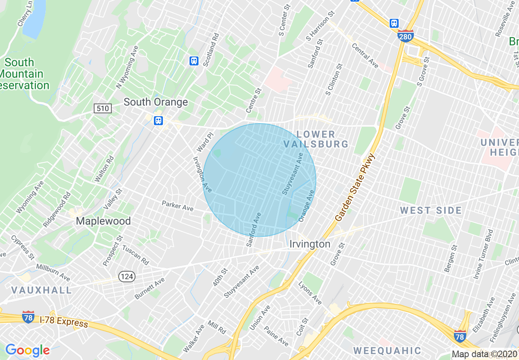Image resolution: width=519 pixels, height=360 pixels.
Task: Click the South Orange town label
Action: (156, 102)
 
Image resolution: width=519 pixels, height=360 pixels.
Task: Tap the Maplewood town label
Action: (103, 221)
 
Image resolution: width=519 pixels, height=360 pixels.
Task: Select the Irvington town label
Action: (310, 244)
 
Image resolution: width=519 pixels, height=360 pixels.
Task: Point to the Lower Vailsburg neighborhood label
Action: (316, 139)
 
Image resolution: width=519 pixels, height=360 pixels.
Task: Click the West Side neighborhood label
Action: (431, 211)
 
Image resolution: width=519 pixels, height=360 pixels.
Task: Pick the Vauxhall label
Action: (41, 290)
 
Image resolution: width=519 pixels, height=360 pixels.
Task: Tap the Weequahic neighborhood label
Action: (387, 351)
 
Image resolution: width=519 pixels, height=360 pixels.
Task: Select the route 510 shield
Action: (102, 108)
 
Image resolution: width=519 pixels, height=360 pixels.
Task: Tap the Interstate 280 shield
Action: (405, 36)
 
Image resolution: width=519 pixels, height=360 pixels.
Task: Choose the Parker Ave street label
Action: (177, 206)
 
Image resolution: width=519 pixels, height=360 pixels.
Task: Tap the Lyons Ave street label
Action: (310, 293)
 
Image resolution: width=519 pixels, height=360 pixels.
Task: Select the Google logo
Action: (27, 350)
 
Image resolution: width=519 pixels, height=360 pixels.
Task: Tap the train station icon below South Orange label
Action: (158, 121)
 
